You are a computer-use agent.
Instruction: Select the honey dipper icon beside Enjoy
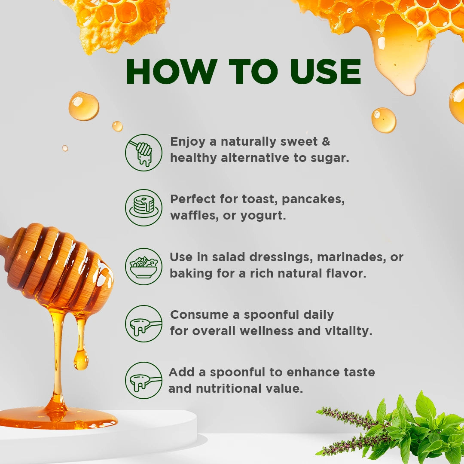(x=143, y=153)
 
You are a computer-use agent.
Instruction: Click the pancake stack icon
(x=143, y=208)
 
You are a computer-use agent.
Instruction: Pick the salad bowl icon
(x=143, y=266)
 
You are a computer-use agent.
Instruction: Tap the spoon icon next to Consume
(x=143, y=324)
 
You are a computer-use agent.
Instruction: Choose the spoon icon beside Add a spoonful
(x=143, y=380)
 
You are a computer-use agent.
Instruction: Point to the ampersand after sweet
(x=326, y=141)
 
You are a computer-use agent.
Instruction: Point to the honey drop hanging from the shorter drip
(x=80, y=360)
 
